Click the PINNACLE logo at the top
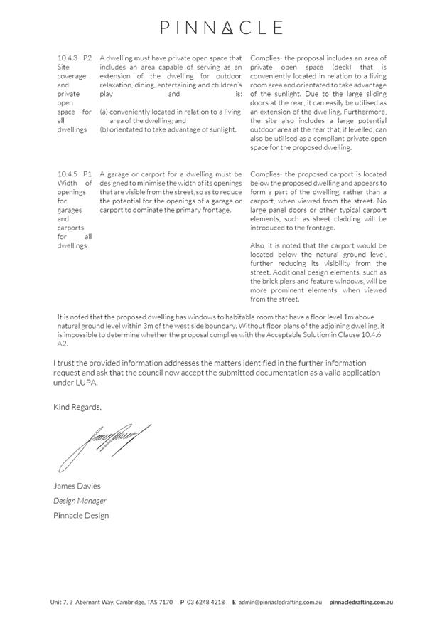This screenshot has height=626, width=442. tap(221, 28)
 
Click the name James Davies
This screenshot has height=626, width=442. tap(77, 486)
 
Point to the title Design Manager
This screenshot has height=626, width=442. tap(80, 501)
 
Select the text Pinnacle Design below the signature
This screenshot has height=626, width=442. tap(81, 515)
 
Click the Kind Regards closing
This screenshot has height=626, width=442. tap(77, 407)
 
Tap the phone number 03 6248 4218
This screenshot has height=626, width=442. tap(206, 602)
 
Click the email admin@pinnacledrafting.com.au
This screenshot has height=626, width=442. tap(280, 602)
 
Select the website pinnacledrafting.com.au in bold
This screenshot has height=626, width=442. tap(361, 602)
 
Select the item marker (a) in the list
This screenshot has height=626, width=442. tap(104, 112)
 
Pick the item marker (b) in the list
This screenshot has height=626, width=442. tap(104, 129)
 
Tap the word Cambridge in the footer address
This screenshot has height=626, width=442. tap(122, 602)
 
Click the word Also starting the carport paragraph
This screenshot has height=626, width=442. tap(258, 245)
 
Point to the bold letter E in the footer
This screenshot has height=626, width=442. tap(234, 602)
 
